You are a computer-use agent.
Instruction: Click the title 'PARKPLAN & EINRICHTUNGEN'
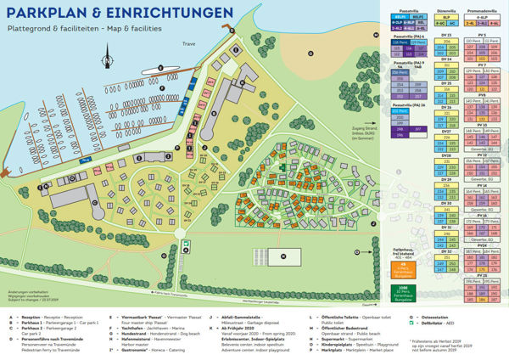click(118, 14)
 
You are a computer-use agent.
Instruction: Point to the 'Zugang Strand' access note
click(339, 128)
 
